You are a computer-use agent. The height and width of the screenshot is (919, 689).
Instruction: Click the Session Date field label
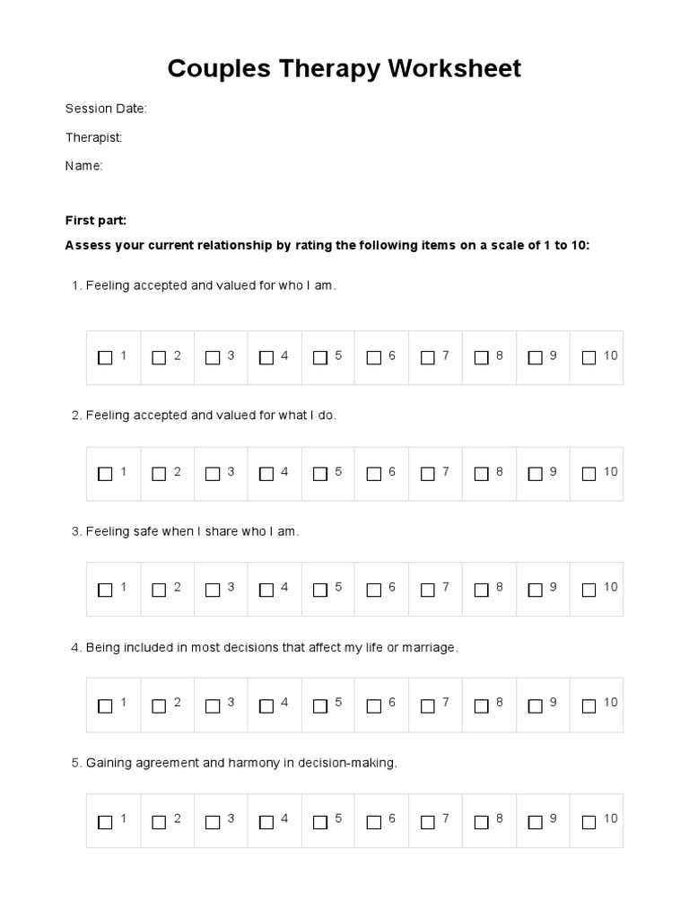pyautogui.click(x=106, y=109)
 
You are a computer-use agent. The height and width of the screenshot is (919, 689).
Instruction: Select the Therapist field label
pyautogui.click(x=93, y=137)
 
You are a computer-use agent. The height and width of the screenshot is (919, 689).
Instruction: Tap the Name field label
pyautogui.click(x=84, y=166)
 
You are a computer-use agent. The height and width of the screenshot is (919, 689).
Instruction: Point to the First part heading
pyautogui.click(x=96, y=220)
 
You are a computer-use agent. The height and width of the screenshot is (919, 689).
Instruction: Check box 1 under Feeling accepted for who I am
pyautogui.click(x=105, y=357)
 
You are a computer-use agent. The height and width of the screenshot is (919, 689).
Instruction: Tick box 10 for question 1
pyautogui.click(x=589, y=357)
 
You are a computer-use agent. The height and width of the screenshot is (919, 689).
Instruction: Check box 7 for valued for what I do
pyautogui.click(x=428, y=473)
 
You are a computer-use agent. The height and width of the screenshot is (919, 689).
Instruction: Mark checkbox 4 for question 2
pyautogui.click(x=266, y=473)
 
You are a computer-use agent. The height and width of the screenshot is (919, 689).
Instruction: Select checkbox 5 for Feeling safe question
pyautogui.click(x=320, y=590)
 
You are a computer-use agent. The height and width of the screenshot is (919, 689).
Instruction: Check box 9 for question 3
pyautogui.click(x=535, y=590)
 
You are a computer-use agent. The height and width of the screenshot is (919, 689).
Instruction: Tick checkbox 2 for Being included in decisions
pyautogui.click(x=159, y=705)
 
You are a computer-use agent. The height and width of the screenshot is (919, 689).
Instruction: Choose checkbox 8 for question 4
pyautogui.click(x=481, y=705)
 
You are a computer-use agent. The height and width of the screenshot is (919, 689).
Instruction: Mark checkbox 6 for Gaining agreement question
pyautogui.click(x=374, y=821)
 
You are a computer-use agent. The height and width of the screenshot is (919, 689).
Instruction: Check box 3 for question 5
pyautogui.click(x=213, y=821)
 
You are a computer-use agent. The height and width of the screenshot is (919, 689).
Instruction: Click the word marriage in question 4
pyautogui.click(x=430, y=647)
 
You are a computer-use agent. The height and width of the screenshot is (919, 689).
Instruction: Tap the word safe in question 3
pyautogui.click(x=146, y=531)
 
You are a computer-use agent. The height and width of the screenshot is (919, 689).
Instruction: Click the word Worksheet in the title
pyautogui.click(x=455, y=69)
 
